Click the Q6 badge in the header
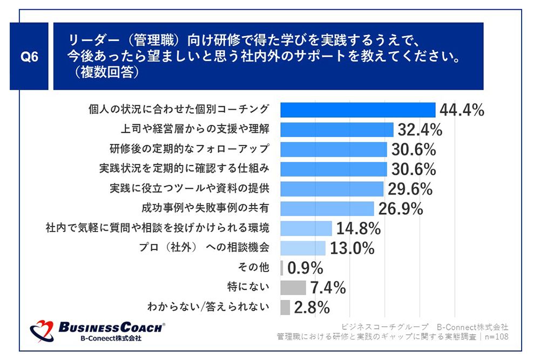pyautogui.click(x=30, y=56)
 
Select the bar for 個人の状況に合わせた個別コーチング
pyautogui.click(x=357, y=110)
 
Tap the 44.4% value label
pyautogui.click(x=462, y=110)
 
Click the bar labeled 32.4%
pyautogui.click(x=336, y=130)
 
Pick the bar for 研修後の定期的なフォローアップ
pyautogui.click(x=333, y=149)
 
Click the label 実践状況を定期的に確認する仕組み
pyautogui.click(x=184, y=169)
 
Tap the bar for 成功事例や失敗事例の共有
pyautogui.click(x=327, y=208)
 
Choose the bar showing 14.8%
pyautogui.click(x=306, y=228)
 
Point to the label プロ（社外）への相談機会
pyautogui.click(x=204, y=248)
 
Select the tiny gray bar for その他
pyautogui.click(x=282, y=268)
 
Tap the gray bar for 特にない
pyautogui.click(x=293, y=288)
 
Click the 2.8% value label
pyautogui.click(x=312, y=308)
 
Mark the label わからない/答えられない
pyautogui.click(x=208, y=308)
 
